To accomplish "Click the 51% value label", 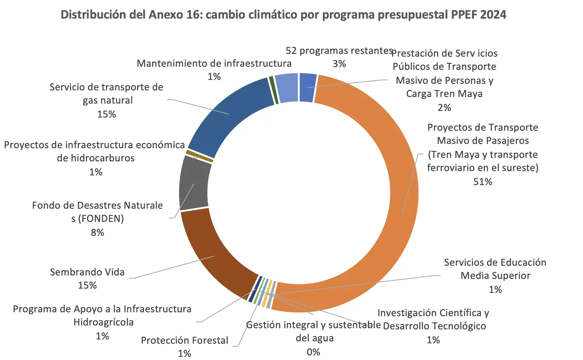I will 482,182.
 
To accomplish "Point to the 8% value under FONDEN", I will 97,232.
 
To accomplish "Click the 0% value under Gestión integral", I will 313,352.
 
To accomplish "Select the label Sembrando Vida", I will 87,272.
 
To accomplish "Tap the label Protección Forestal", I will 184,340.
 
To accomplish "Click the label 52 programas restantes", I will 339,51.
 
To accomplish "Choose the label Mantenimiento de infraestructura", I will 214,63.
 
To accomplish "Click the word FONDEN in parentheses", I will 101,219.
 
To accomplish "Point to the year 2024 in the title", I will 493,15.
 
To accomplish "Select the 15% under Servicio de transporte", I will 107,114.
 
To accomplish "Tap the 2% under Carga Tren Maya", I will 444,107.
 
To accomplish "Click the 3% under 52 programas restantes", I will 339,64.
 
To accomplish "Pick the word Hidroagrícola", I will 103,322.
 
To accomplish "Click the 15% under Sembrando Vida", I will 87,285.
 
